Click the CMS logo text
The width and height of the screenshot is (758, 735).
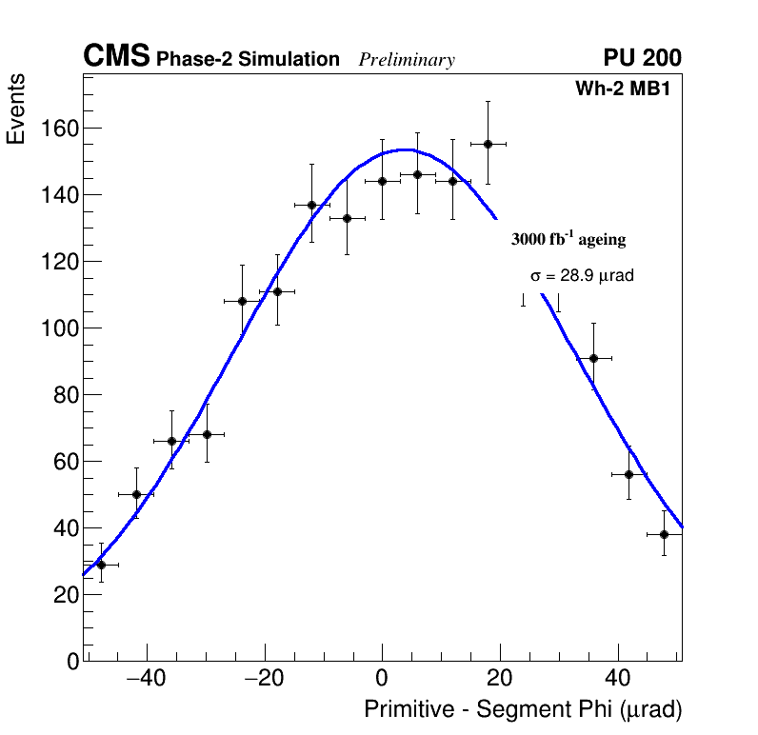click(x=116, y=57)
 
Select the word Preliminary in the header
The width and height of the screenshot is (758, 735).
click(x=407, y=60)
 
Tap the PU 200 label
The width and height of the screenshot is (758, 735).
click(x=642, y=58)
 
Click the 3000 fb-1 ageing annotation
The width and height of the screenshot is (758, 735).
click(x=568, y=239)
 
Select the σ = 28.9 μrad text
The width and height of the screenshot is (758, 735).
click(x=582, y=275)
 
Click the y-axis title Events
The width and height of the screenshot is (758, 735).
click(x=16, y=109)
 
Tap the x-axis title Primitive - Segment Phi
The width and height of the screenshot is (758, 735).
click(x=523, y=709)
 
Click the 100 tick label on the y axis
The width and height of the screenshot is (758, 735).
click(x=59, y=328)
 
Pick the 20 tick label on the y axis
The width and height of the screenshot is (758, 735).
click(x=64, y=594)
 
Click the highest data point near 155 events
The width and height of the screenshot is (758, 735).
click(x=488, y=144)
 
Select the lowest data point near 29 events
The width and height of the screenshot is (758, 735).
click(x=101, y=565)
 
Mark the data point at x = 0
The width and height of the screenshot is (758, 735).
click(x=382, y=181)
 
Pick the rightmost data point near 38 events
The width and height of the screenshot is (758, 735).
click(x=664, y=534)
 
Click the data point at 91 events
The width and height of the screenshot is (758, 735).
click(x=593, y=358)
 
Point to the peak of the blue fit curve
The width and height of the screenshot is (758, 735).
click(x=406, y=149)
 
